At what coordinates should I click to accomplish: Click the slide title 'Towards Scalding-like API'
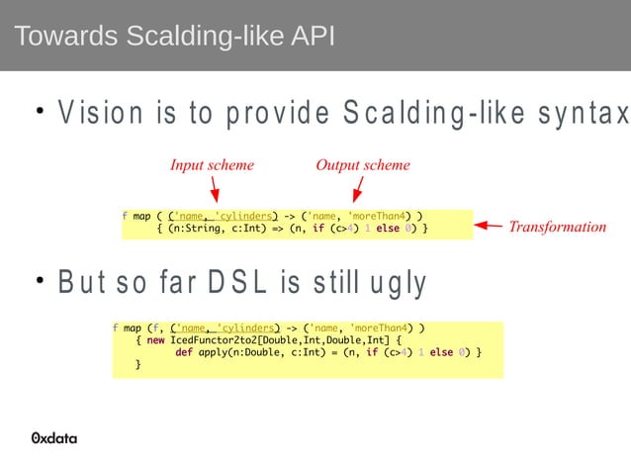(174, 37)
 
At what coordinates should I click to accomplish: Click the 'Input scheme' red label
(212, 165)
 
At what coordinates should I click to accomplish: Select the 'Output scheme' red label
(362, 165)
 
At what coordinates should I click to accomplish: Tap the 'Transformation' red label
(557, 227)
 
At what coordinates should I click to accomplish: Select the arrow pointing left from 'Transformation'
(489, 227)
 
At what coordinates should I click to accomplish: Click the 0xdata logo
(54, 438)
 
